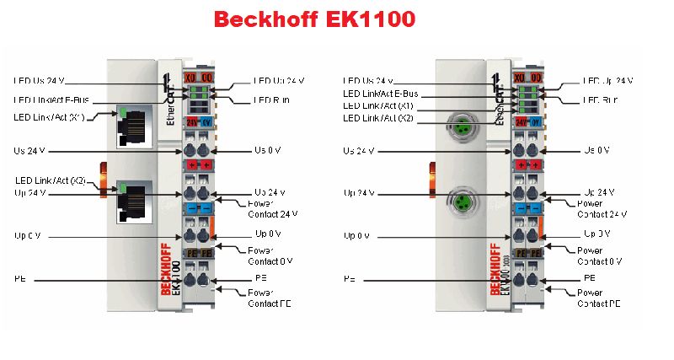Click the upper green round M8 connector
(x=462, y=127)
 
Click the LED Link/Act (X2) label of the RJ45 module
(x=50, y=180)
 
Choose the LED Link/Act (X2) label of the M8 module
(x=378, y=119)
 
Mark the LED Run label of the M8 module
(x=602, y=100)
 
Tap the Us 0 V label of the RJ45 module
(x=270, y=150)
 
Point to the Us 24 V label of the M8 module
(x=359, y=151)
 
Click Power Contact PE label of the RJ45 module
(x=270, y=298)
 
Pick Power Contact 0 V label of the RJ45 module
(x=270, y=255)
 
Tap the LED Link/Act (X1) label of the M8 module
(x=378, y=106)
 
